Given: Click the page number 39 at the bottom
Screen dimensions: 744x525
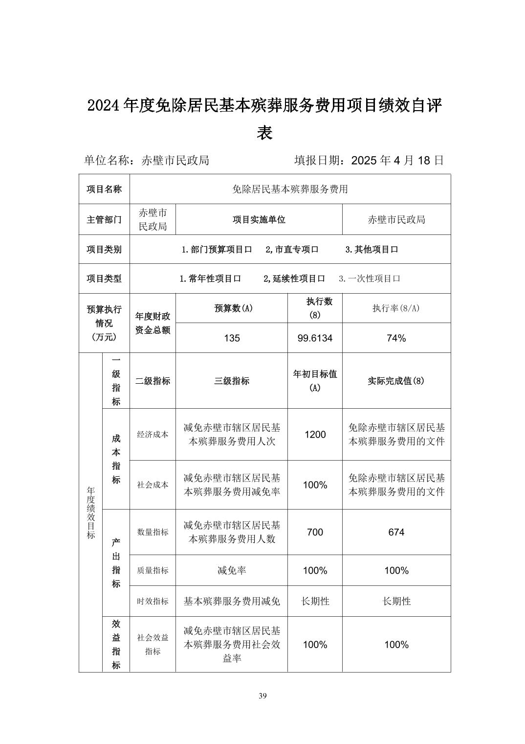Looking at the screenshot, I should [x=262, y=696].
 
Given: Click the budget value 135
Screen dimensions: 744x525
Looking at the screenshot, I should [x=232, y=338].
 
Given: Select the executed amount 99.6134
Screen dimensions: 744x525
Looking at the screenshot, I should [x=315, y=338].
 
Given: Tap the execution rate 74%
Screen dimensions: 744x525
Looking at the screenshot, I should [x=396, y=338].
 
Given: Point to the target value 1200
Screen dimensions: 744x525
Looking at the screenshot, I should [x=315, y=435].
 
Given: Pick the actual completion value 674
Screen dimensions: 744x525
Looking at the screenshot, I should [x=396, y=532].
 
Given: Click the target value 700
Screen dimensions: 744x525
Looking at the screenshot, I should [x=315, y=532].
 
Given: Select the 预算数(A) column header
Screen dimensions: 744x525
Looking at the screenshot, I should [x=232, y=308].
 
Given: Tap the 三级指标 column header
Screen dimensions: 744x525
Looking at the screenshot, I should [x=232, y=381].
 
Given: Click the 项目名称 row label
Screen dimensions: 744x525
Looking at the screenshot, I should [x=104, y=189].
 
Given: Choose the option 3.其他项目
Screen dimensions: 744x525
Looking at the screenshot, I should [x=372, y=249].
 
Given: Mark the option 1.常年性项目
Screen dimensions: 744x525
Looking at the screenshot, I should [x=210, y=279].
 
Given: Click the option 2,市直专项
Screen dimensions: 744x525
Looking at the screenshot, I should [x=292, y=249].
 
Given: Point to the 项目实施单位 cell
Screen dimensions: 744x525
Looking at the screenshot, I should [x=259, y=220].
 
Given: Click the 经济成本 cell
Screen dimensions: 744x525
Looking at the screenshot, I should [x=153, y=435].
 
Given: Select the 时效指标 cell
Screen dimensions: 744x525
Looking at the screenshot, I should [x=153, y=601].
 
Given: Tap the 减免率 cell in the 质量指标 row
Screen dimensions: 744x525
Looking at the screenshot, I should [x=232, y=571].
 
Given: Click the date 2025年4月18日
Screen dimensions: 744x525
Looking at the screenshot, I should [x=397, y=161].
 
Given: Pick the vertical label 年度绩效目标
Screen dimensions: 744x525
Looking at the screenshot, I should [x=91, y=512].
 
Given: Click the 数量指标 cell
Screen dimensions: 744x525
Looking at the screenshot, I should [x=153, y=532].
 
